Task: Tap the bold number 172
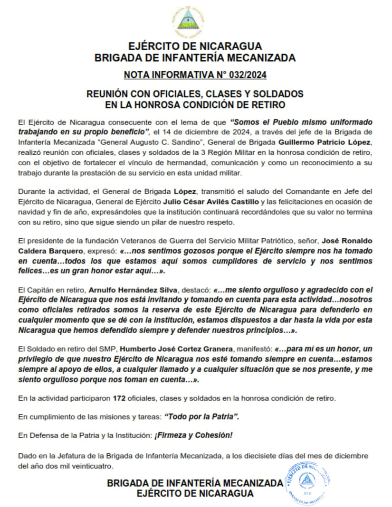pos(119,397)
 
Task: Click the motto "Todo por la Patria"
pos(201,416)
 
